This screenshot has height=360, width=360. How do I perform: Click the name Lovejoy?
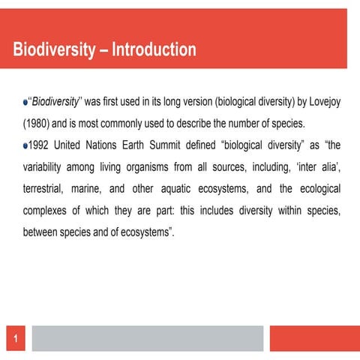click(x=322, y=101)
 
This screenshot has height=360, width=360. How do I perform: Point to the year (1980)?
click(x=39, y=122)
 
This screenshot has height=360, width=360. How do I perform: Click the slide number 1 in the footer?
click(x=14, y=340)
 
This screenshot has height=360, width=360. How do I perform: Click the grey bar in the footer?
click(x=148, y=338)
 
